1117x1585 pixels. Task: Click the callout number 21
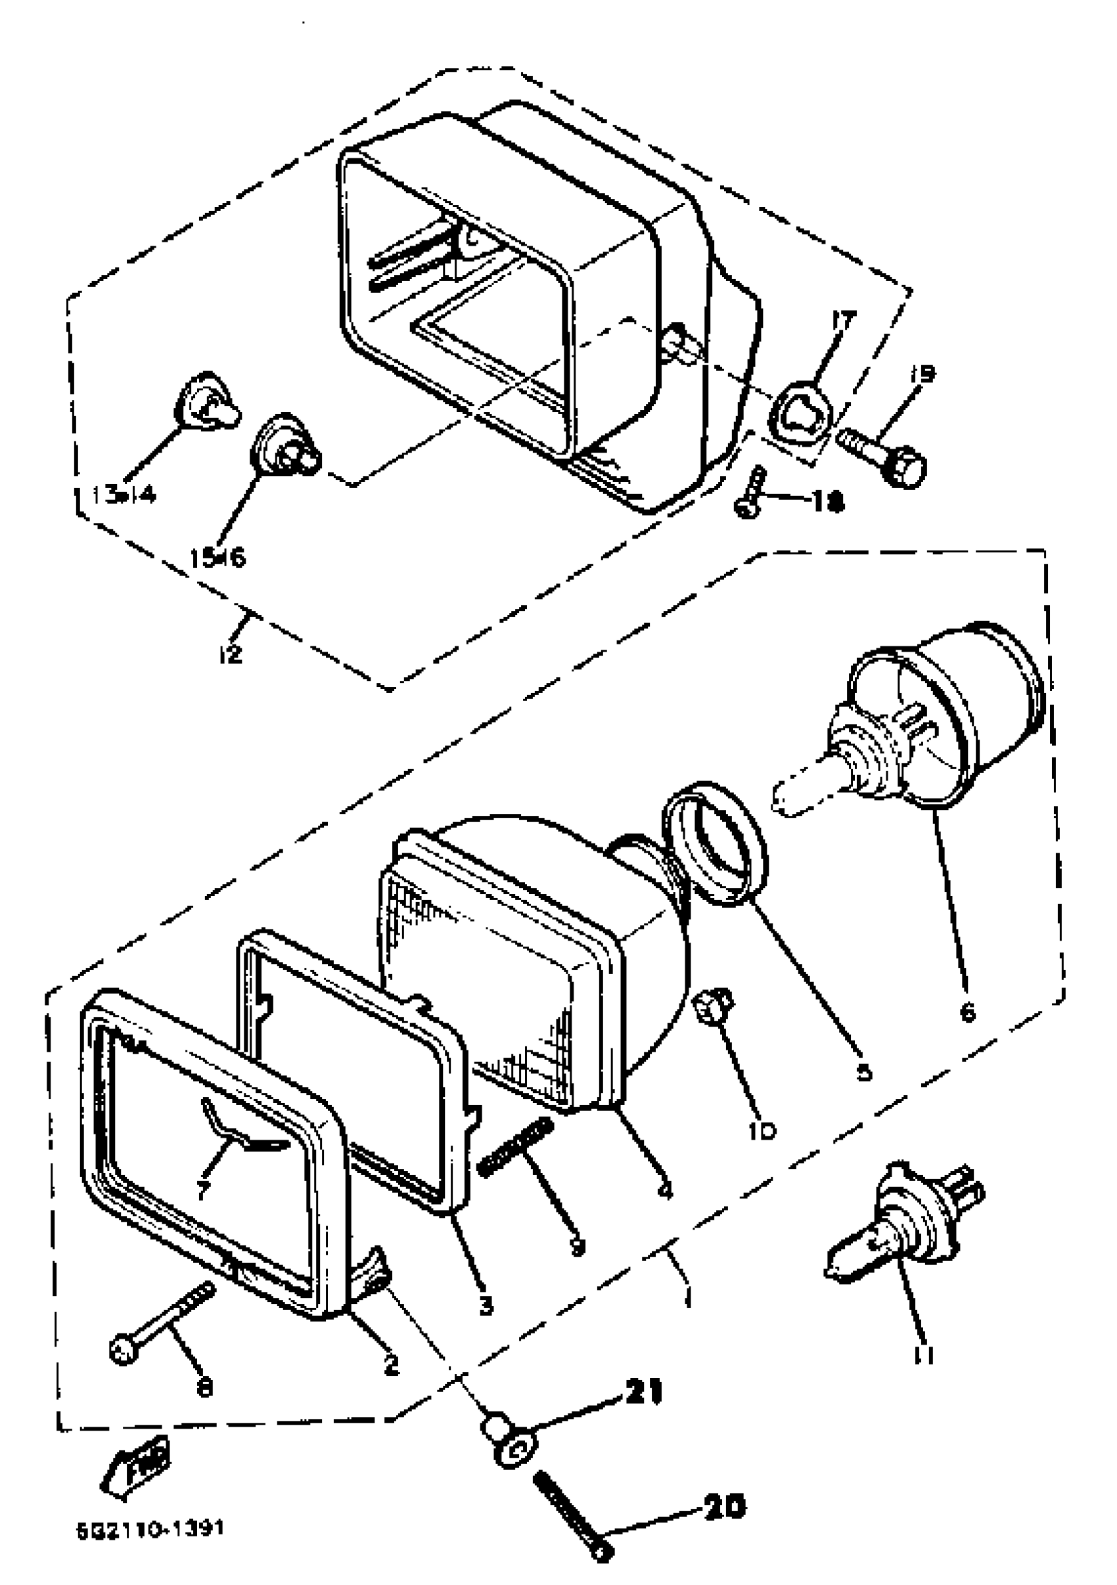pyautogui.click(x=643, y=1393)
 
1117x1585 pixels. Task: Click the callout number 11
pyautogui.click(x=923, y=1355)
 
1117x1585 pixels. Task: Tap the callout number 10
pyautogui.click(x=762, y=1130)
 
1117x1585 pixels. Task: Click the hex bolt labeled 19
pyautogui.click(x=884, y=457)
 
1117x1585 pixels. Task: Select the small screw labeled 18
pyautogui.click(x=750, y=491)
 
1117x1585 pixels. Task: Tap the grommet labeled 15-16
pyautogui.click(x=285, y=444)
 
